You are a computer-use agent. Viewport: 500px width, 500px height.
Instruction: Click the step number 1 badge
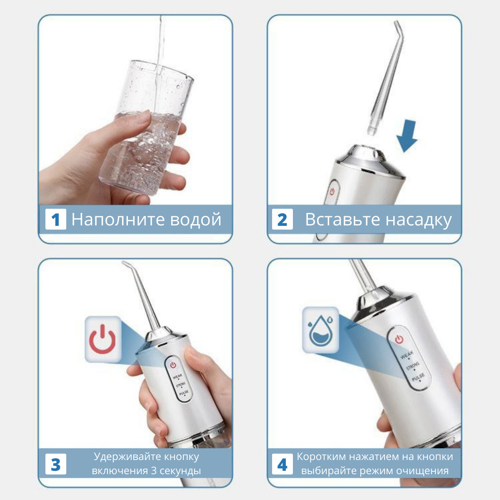pos(55,219)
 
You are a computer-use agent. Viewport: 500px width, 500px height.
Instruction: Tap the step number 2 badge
pos(282,219)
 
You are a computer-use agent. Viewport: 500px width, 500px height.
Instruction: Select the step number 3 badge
pos(55,464)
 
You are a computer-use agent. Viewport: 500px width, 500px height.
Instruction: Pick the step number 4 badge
pos(282,464)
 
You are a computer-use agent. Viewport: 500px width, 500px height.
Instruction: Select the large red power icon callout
pos(103,340)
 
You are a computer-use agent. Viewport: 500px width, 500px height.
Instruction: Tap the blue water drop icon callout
pos(321,330)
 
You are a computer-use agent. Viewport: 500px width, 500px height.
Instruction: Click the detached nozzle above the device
pos(385,78)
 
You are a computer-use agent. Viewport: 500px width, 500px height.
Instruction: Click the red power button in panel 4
pos(399,339)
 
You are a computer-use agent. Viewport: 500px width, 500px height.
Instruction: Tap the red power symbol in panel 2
pos(332,192)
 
